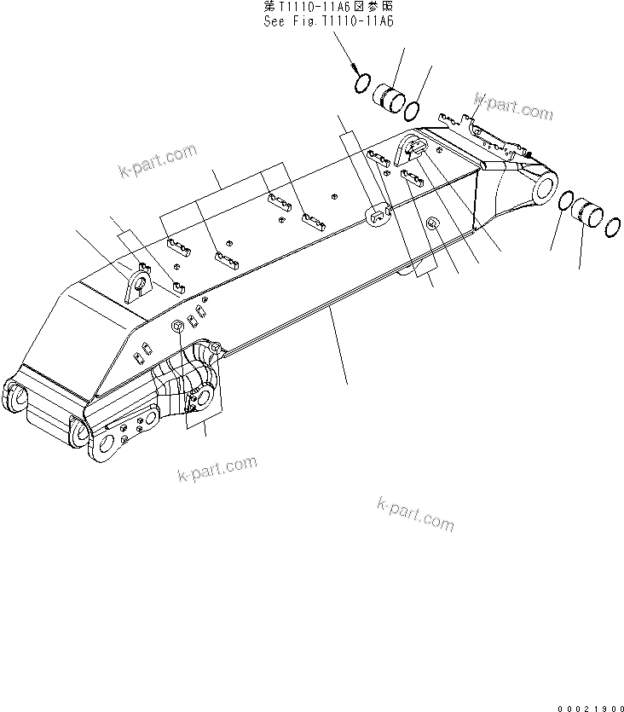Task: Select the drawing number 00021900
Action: point(590,704)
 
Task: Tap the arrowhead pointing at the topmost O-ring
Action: point(354,72)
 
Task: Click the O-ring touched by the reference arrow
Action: point(361,84)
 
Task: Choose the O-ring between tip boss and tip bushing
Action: point(564,202)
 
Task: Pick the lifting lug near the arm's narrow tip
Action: point(411,150)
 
